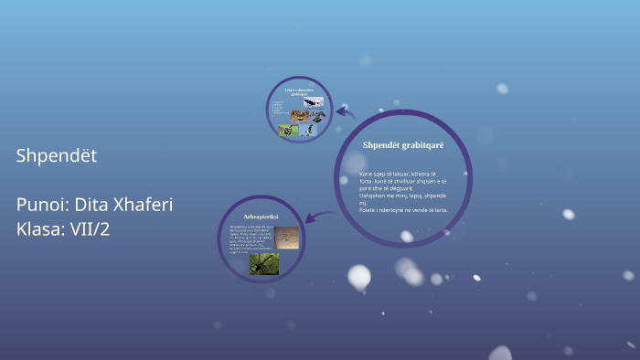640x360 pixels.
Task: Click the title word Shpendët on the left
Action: (57, 156)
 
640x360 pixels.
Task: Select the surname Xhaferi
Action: (144, 205)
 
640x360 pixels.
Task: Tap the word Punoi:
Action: (43, 205)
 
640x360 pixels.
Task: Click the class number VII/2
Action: (88, 228)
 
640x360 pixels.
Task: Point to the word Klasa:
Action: (38, 228)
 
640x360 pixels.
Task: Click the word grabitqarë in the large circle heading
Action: (421, 145)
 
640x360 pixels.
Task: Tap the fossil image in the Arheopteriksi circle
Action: (286, 237)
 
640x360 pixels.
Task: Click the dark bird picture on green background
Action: (264, 264)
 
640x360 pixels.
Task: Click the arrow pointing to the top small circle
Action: (344, 112)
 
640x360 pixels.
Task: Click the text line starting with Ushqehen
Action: (402, 195)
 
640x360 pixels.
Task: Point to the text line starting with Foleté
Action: (402, 209)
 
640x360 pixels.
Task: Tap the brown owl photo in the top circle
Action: (299, 116)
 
